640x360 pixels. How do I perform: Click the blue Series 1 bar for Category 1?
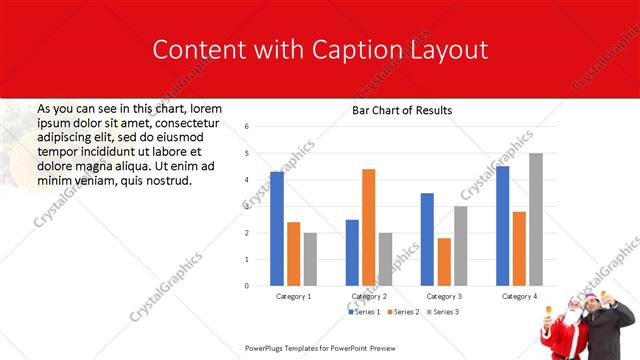[277, 229]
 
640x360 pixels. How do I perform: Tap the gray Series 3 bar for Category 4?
[536, 219]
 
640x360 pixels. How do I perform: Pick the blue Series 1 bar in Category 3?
[427, 239]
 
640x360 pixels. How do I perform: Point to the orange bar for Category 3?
[444, 262]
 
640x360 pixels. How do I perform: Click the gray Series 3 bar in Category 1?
[310, 259]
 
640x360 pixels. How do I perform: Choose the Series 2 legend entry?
[402, 312]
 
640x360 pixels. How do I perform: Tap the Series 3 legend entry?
[442, 312]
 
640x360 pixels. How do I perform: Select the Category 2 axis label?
[369, 297]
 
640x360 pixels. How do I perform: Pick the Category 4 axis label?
[519, 297]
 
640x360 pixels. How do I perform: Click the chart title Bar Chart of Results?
[402, 110]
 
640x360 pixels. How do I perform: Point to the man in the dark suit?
[609, 325]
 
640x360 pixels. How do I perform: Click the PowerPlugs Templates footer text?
[316, 348]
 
